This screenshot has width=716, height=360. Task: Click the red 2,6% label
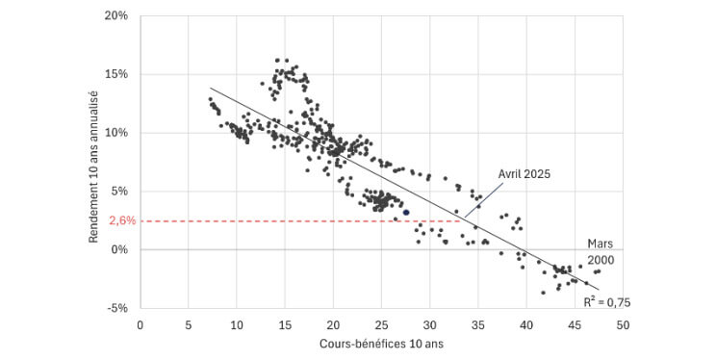(x=121, y=221)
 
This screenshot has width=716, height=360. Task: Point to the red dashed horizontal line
(x=289, y=221)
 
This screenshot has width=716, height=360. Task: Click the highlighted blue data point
(x=406, y=213)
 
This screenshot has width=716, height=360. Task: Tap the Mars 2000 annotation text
(x=601, y=251)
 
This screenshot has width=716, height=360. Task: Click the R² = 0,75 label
(x=606, y=301)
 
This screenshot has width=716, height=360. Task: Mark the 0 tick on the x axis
(x=141, y=324)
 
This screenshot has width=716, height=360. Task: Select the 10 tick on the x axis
(x=237, y=324)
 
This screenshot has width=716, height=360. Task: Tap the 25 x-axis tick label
(x=382, y=324)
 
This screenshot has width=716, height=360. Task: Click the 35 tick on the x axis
(x=478, y=324)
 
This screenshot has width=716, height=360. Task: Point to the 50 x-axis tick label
(x=623, y=324)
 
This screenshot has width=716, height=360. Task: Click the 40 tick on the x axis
(x=526, y=324)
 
